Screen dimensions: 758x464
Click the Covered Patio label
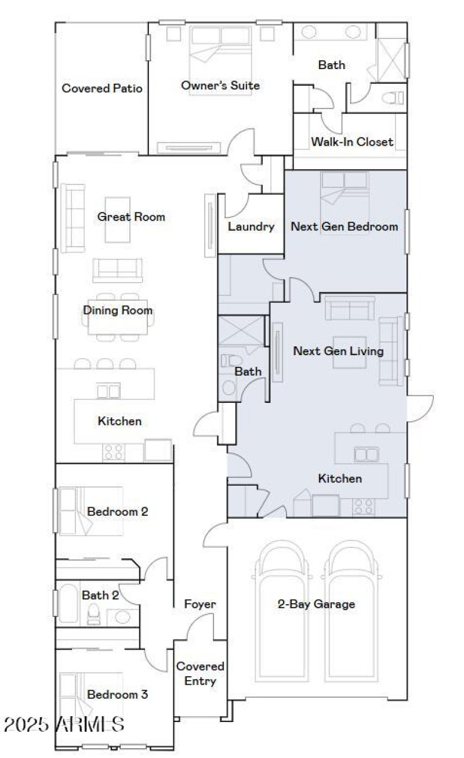click(101, 88)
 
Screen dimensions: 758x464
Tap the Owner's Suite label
click(220, 85)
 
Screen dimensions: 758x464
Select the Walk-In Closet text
click(351, 142)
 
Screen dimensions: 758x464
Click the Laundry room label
click(251, 226)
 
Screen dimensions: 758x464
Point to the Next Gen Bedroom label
click(345, 226)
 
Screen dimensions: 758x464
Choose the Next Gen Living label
click(338, 351)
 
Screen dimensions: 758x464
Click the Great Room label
click(131, 216)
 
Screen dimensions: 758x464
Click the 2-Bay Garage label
click(316, 604)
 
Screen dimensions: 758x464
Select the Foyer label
click(200, 604)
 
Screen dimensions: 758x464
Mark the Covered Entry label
click(200, 674)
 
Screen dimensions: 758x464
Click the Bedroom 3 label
click(117, 694)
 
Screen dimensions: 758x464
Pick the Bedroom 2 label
click(117, 511)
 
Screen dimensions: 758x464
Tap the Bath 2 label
click(95, 595)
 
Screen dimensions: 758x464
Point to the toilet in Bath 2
click(93, 614)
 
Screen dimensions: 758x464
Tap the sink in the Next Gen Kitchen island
click(367, 454)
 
